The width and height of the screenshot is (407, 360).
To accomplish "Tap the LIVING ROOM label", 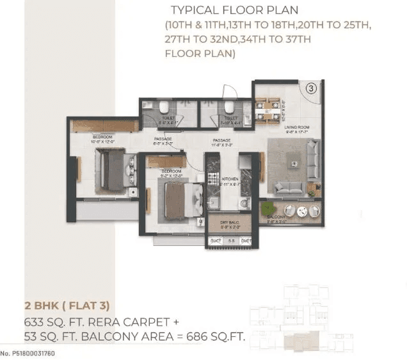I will pos(297,127).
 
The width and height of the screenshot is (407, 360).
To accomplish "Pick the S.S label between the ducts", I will pos(232,241).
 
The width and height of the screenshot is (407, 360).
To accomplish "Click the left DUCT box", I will pos(215,241).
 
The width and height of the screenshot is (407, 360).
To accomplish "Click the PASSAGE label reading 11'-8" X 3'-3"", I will pos(222,142).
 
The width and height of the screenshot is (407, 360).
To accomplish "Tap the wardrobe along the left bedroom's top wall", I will pos(105,126).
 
